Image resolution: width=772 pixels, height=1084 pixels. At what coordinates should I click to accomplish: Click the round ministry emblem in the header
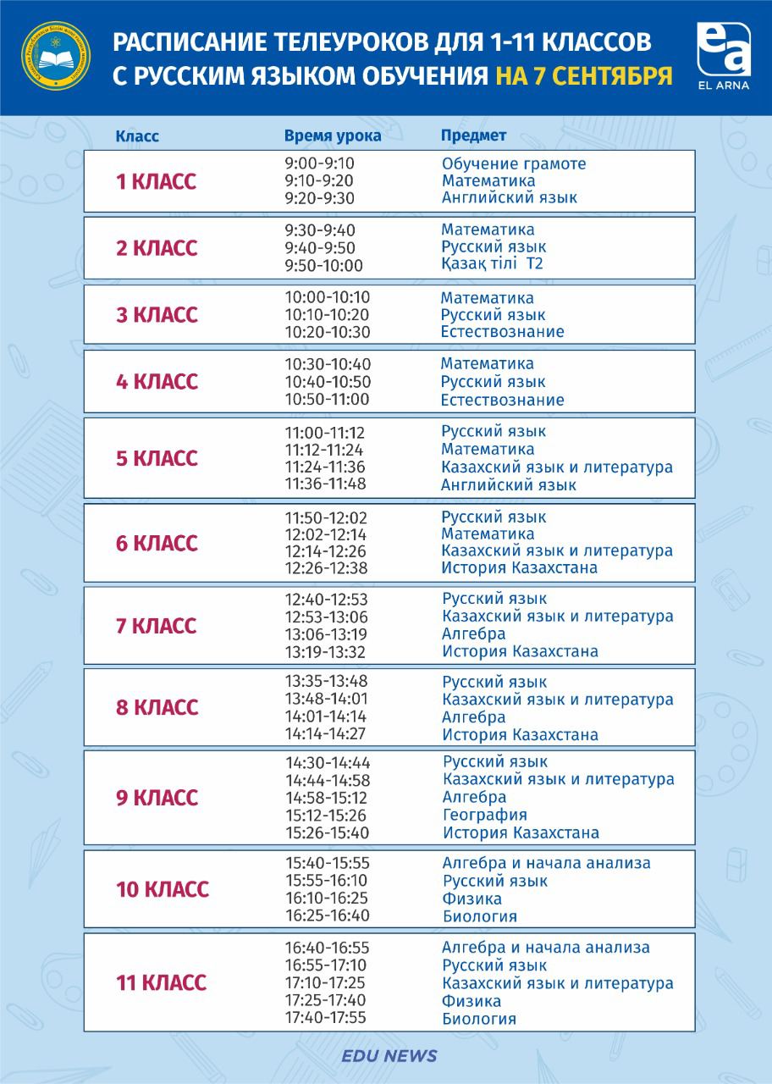click(56, 58)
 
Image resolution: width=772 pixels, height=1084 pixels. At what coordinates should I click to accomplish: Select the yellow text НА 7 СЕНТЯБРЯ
click(584, 75)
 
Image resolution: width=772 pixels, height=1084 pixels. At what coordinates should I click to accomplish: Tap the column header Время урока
click(333, 136)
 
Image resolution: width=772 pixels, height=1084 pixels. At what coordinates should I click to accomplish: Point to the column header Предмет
click(474, 135)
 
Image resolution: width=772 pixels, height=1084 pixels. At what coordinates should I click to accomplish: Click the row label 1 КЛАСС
click(156, 182)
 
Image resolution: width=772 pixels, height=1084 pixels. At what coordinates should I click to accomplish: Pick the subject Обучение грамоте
click(514, 163)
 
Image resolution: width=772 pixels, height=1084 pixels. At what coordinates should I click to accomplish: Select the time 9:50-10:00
click(324, 265)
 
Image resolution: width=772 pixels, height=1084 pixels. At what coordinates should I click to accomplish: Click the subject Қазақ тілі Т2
click(492, 264)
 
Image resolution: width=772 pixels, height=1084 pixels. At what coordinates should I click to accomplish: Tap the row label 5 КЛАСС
click(157, 458)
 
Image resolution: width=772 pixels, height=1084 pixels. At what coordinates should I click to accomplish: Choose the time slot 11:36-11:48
click(325, 484)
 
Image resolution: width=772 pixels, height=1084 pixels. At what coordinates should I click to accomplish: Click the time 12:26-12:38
click(326, 567)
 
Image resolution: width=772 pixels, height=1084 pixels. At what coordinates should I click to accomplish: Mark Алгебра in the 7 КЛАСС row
click(474, 633)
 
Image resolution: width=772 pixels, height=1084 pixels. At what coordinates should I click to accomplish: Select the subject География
click(485, 815)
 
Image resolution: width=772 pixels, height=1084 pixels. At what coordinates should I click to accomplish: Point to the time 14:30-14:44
click(328, 762)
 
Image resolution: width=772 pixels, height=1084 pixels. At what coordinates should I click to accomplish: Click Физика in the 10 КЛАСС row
click(472, 899)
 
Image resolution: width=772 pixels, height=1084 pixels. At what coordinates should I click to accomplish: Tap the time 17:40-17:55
click(326, 1018)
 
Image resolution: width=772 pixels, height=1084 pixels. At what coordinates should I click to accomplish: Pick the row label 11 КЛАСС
click(161, 983)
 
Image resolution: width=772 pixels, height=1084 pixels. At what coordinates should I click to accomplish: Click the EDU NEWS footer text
click(389, 1056)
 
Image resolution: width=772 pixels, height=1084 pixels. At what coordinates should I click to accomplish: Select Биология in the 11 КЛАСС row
click(479, 1019)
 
